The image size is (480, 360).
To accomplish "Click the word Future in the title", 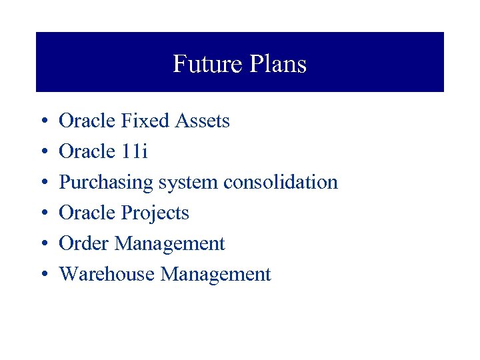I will (202, 64).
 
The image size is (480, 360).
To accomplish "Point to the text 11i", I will (135, 151).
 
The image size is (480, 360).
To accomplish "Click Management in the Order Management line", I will (170, 245).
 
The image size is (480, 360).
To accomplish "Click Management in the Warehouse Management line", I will (216, 275).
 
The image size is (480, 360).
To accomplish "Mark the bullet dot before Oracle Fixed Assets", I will (43, 122).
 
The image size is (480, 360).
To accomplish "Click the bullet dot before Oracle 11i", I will (43, 153).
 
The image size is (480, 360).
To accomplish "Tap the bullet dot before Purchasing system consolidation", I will (43, 183).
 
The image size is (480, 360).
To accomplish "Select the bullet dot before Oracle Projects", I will (43, 214).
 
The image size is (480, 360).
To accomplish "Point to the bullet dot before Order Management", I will (43, 245).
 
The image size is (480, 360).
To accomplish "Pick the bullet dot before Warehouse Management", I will (43, 275).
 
